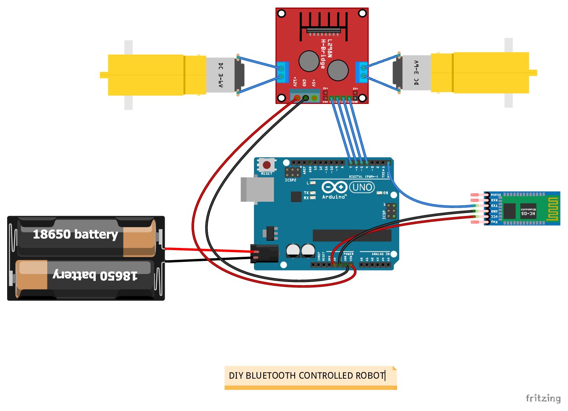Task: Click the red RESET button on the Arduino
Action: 267,165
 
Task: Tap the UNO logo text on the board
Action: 362,187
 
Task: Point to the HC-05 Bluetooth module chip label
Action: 528,211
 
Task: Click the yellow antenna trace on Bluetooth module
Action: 552,209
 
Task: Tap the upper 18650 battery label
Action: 75,234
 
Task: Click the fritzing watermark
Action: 543,398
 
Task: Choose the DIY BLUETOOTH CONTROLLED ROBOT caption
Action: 307,375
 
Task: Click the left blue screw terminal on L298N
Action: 283,72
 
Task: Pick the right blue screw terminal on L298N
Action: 361,72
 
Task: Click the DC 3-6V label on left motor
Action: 220,75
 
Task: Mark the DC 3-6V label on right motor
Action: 416,73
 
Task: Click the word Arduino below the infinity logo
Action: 334,197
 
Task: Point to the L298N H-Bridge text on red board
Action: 326,54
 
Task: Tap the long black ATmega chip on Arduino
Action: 352,235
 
